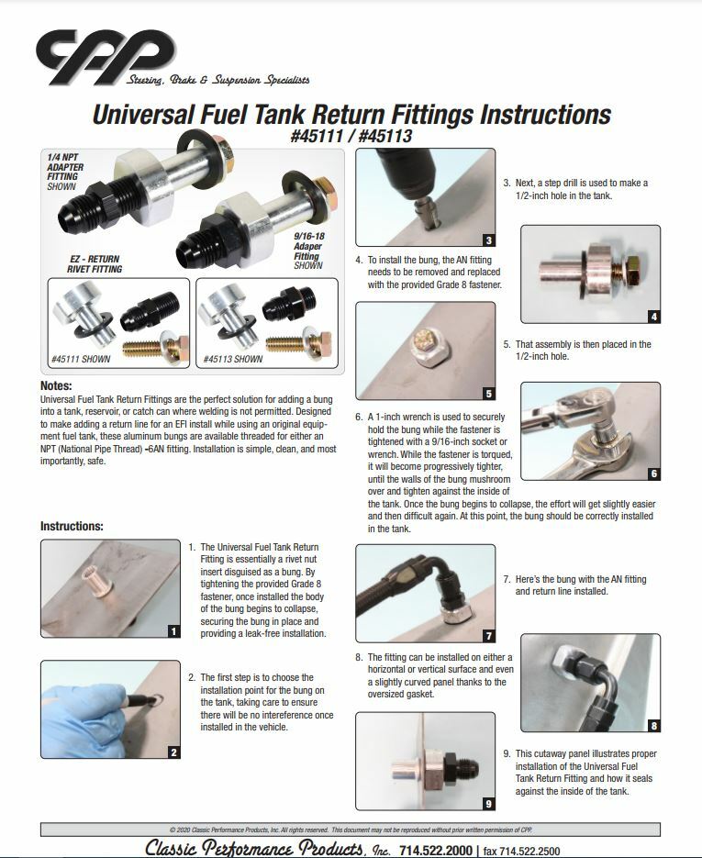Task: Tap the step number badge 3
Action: (x=488, y=240)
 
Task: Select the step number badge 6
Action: (x=652, y=474)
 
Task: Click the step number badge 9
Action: (x=488, y=804)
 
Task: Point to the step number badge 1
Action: (x=173, y=630)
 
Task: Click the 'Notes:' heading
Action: (x=56, y=386)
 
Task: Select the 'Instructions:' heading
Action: (x=72, y=527)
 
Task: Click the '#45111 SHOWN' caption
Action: (x=82, y=360)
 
